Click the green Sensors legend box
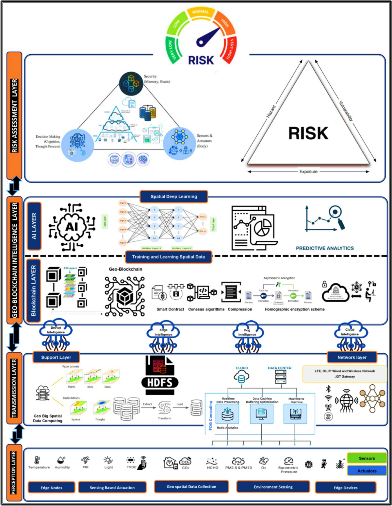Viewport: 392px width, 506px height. pyautogui.click(x=367, y=458)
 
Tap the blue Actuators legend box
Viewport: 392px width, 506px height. pyautogui.click(x=367, y=471)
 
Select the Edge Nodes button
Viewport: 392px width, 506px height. pyautogui.click(x=51, y=488)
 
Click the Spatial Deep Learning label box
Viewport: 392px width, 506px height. pyautogui.click(x=174, y=197)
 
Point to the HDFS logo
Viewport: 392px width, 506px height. pyautogui.click(x=160, y=375)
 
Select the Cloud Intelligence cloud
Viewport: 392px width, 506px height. pyautogui.click(x=350, y=332)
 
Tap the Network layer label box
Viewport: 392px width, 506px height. pyautogui.click(x=352, y=358)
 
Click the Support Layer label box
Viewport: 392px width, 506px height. pyautogui.click(x=56, y=358)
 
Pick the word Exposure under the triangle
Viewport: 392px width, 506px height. pyautogui.click(x=308, y=172)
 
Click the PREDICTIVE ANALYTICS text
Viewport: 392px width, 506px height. pyautogui.click(x=325, y=248)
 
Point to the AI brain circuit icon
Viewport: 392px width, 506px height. pyautogui.click(x=72, y=227)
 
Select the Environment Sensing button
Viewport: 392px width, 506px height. pyautogui.click(x=273, y=487)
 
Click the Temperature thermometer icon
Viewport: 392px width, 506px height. pyautogui.click(x=37, y=460)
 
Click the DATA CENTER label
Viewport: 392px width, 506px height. pyautogui.click(x=280, y=368)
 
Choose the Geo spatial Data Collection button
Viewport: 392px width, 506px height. pyautogui.click(x=191, y=487)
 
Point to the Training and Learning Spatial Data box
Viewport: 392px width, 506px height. pyautogui.click(x=169, y=257)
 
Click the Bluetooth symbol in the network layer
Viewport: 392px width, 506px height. pyautogui.click(x=329, y=389)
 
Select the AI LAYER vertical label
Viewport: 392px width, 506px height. pyautogui.click(x=34, y=226)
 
